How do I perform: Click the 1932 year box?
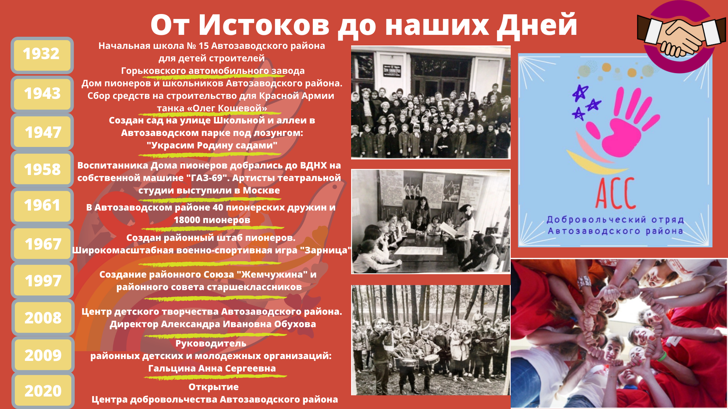(42, 55)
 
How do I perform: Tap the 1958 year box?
(42, 170)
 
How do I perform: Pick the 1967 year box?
(42, 244)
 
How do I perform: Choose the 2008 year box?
(42, 318)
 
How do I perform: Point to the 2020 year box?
(42, 391)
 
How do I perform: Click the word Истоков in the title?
(264, 25)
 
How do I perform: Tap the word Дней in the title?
(537, 26)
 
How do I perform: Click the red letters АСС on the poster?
(615, 193)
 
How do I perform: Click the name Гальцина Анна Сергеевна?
(212, 368)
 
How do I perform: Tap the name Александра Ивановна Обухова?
(238, 324)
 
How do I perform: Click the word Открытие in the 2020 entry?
(213, 387)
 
